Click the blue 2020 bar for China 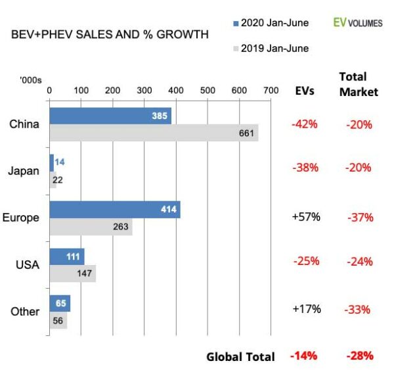pyautogui.click(x=110, y=116)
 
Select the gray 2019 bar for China pyautogui.click(x=154, y=133)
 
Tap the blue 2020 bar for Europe pyautogui.click(x=115, y=210)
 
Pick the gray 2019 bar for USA pyautogui.click(x=72, y=274)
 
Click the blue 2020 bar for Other pyautogui.click(x=60, y=304)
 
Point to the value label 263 pyautogui.click(x=120, y=228)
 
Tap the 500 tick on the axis pyautogui.click(x=208, y=90)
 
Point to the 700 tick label pyautogui.click(x=271, y=90)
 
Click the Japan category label pyautogui.click(x=25, y=171)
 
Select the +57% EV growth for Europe pyautogui.click(x=306, y=217)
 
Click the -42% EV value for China pyautogui.click(x=305, y=123)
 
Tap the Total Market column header pyautogui.click(x=359, y=84)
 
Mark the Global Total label pyautogui.click(x=240, y=357)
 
